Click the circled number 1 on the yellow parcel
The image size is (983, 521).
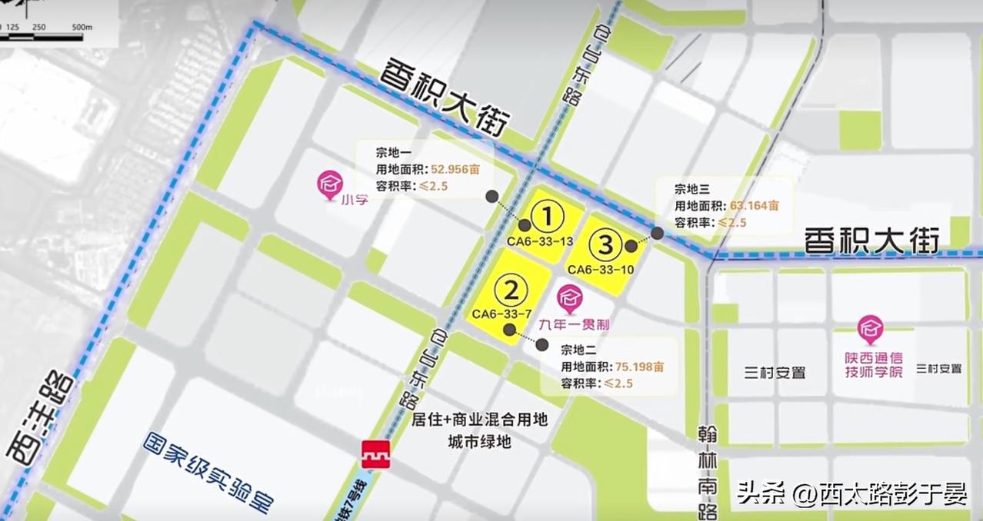548,217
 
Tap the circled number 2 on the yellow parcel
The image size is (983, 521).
511,290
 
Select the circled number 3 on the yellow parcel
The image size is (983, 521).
605,246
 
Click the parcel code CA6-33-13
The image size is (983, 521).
540,241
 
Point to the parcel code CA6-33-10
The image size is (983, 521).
600,270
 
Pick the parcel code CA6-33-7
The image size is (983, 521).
502,314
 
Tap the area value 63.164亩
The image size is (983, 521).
755,206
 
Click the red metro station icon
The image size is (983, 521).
376,454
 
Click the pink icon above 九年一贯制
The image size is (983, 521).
571,297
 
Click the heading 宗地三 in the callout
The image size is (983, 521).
691,189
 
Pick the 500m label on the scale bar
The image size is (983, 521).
82,27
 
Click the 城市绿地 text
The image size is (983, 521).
480,442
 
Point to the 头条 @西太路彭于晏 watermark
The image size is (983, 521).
851,493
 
